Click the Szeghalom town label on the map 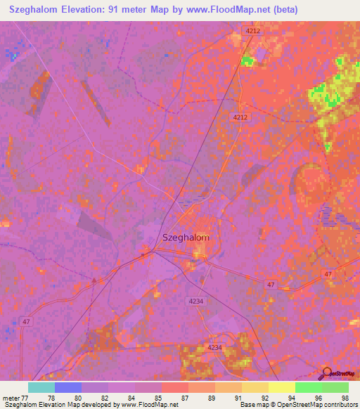[186, 238]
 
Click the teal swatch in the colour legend [41, 387]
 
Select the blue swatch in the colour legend [68, 387]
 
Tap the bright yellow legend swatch [282, 387]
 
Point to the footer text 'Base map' [253, 405]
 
